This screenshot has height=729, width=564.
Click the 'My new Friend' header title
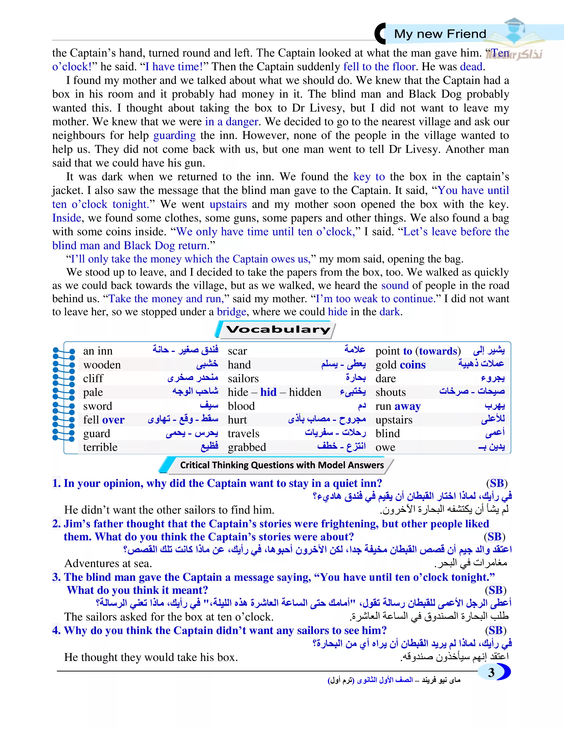[440, 34]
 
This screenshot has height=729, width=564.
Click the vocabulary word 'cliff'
[93, 378]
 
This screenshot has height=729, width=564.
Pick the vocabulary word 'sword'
[98, 406]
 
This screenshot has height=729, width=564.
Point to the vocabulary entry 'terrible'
[100, 447]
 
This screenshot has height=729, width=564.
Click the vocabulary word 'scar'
[237, 351]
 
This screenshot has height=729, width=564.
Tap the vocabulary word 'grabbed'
[247, 447]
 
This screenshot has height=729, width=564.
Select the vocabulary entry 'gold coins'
[400, 365]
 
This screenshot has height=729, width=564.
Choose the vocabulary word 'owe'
[385, 447]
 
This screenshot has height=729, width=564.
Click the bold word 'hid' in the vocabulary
[268, 392]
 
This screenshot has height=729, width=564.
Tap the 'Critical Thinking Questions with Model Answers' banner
[282, 465]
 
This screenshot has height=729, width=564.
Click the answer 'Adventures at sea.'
[108, 564]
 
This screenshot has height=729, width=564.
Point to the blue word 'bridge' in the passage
[232, 312]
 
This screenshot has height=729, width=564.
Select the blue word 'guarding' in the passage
[175, 135]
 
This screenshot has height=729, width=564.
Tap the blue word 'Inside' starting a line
[67, 218]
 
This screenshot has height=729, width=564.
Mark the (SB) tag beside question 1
[497, 483]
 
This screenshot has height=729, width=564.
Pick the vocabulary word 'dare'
[386, 378]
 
